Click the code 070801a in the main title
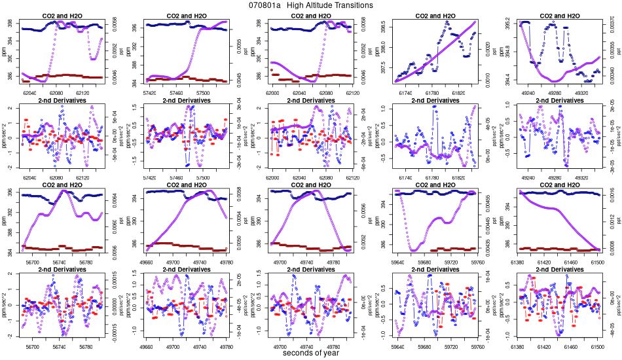tap(265, 5)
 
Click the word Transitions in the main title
tap(351, 5)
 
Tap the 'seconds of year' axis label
tap(311, 353)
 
